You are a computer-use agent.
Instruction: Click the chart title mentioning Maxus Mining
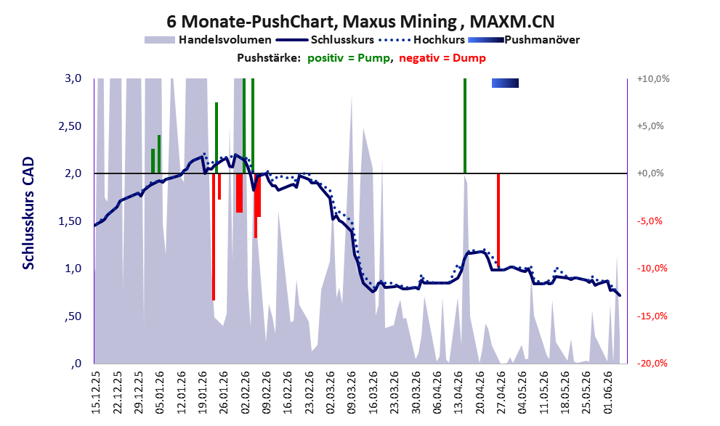tap(360, 22)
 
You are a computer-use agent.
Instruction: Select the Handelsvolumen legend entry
tap(208, 40)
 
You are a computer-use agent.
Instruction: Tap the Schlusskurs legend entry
tap(325, 40)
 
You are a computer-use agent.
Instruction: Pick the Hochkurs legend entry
tap(421, 40)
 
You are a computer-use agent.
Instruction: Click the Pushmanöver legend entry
tap(524, 40)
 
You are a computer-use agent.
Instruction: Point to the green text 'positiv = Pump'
tap(349, 58)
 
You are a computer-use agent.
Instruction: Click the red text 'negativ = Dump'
tap(442, 58)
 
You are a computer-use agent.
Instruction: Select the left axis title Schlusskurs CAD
tap(28, 213)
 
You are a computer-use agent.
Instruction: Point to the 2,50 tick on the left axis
tap(70, 126)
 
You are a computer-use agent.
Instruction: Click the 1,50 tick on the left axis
tap(70, 221)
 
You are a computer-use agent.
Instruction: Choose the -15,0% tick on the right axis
tap(652, 316)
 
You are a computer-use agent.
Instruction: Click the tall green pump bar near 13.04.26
tap(465, 126)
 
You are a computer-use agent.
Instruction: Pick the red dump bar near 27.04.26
tap(498, 220)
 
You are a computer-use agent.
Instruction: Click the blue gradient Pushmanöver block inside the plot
tap(505, 83)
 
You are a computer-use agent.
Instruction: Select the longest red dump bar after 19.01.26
tap(214, 237)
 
